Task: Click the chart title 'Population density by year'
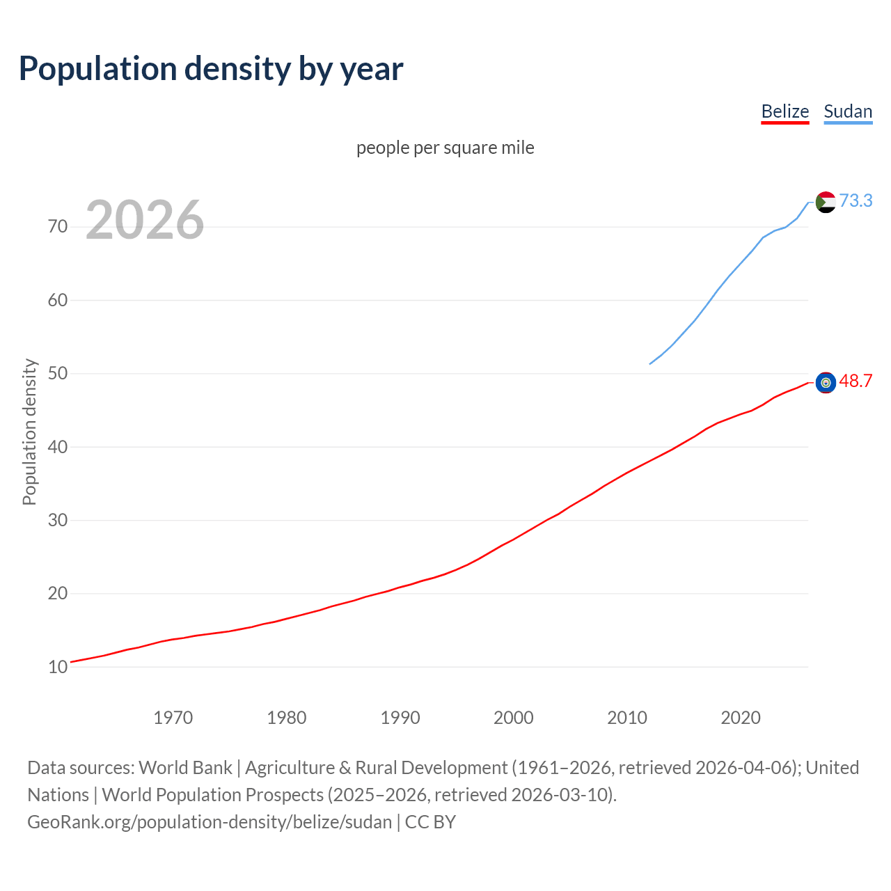[211, 68]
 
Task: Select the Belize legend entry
[784, 111]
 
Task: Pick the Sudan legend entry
[847, 111]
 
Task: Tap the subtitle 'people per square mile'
[445, 148]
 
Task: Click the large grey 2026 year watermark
[145, 220]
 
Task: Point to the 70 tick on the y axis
[58, 227]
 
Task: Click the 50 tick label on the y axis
[58, 374]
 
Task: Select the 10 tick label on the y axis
[58, 667]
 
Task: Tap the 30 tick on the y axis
[58, 520]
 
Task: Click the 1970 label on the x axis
[173, 718]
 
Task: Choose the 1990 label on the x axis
[400, 718]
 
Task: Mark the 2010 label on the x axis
[627, 718]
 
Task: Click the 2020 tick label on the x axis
[741, 718]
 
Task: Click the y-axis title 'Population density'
[29, 432]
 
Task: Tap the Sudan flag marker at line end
[826, 202]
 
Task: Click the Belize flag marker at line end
[826, 382]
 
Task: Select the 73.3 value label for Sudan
[855, 200]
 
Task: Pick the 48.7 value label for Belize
[855, 381]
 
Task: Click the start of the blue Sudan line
[650, 363]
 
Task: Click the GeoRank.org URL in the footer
[210, 822]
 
